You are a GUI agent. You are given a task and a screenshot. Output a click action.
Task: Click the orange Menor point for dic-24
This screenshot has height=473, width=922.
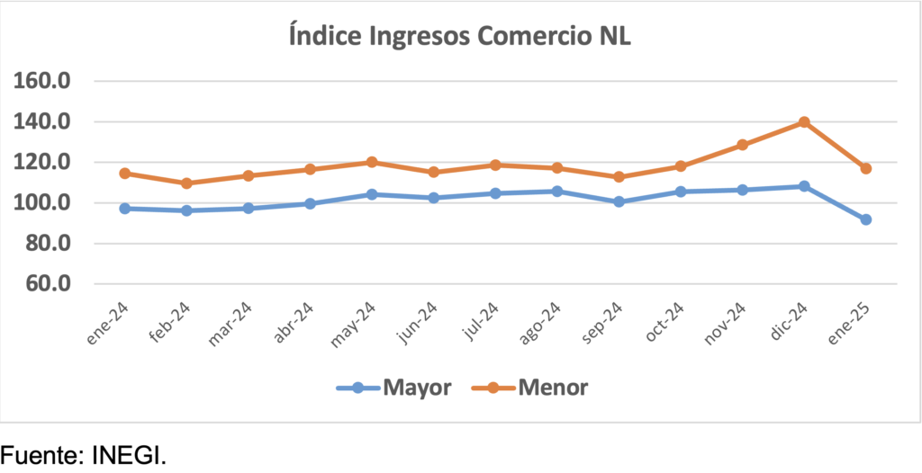804,122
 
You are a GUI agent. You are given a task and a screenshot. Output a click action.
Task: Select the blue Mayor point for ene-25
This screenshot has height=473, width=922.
865,219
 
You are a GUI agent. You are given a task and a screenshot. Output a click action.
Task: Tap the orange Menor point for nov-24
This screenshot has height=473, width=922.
742,145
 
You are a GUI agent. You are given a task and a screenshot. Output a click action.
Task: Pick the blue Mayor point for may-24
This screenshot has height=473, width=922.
372,194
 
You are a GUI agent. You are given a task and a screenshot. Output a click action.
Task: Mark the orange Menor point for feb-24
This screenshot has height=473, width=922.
186,183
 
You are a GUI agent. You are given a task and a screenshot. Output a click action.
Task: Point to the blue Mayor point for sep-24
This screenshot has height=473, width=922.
619,201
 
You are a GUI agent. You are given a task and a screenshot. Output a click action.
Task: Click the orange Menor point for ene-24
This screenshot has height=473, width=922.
124,174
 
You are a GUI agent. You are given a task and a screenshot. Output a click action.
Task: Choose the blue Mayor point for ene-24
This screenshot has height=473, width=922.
124,209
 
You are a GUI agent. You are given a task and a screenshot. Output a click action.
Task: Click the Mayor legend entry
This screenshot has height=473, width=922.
394,388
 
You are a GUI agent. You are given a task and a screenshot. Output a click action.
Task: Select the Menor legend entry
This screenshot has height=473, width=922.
529,388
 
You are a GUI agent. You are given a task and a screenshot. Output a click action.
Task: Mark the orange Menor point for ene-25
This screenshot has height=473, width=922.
865,169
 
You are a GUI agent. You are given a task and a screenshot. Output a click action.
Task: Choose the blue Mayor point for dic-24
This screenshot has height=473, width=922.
804,186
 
